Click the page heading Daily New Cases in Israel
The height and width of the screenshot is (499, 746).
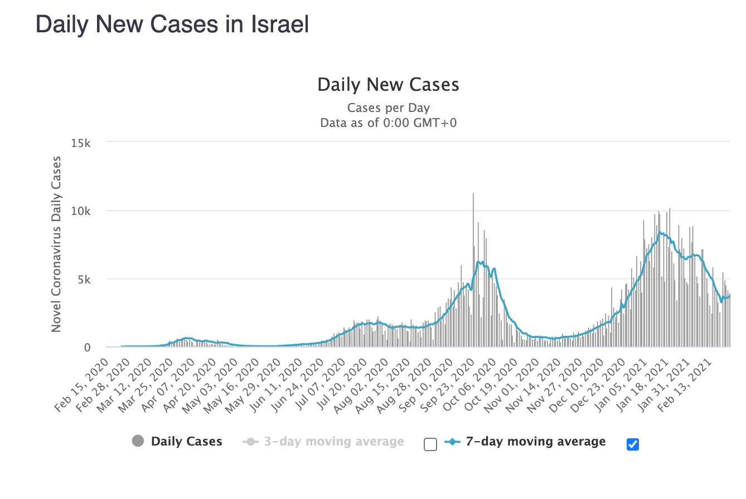click(x=172, y=25)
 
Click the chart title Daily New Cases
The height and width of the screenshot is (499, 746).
click(x=388, y=85)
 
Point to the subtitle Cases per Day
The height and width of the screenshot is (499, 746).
click(x=388, y=107)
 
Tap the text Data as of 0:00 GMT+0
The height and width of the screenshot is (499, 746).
click(x=388, y=123)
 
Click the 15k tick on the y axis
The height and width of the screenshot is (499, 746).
click(x=81, y=143)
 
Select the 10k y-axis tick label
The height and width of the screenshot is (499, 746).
click(x=81, y=211)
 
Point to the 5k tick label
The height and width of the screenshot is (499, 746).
click(x=84, y=279)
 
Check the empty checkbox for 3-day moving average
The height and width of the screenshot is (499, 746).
click(x=430, y=444)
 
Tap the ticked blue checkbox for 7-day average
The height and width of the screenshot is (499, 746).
click(x=632, y=444)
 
